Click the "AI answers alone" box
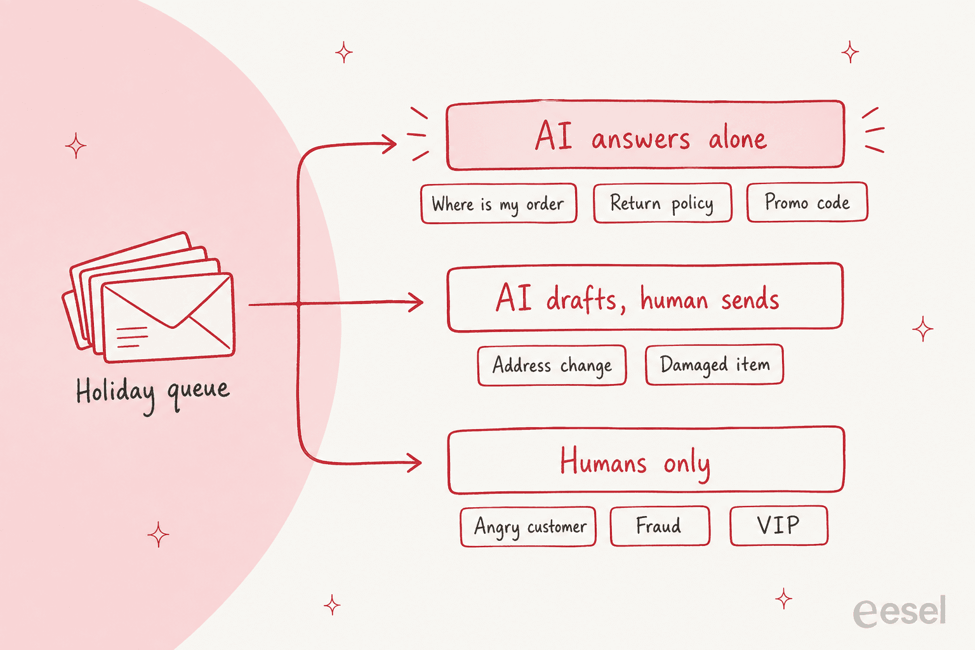point(646,135)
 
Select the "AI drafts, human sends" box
point(645,297)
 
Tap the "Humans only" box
point(646,460)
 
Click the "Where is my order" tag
point(499,203)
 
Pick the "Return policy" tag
point(663,203)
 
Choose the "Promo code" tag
point(807,202)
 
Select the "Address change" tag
point(552,365)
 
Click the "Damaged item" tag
point(715,364)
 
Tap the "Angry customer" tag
point(528,526)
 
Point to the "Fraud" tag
point(660,526)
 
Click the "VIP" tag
point(779,525)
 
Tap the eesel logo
point(899,611)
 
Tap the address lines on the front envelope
point(132,337)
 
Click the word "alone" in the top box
point(738,138)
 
